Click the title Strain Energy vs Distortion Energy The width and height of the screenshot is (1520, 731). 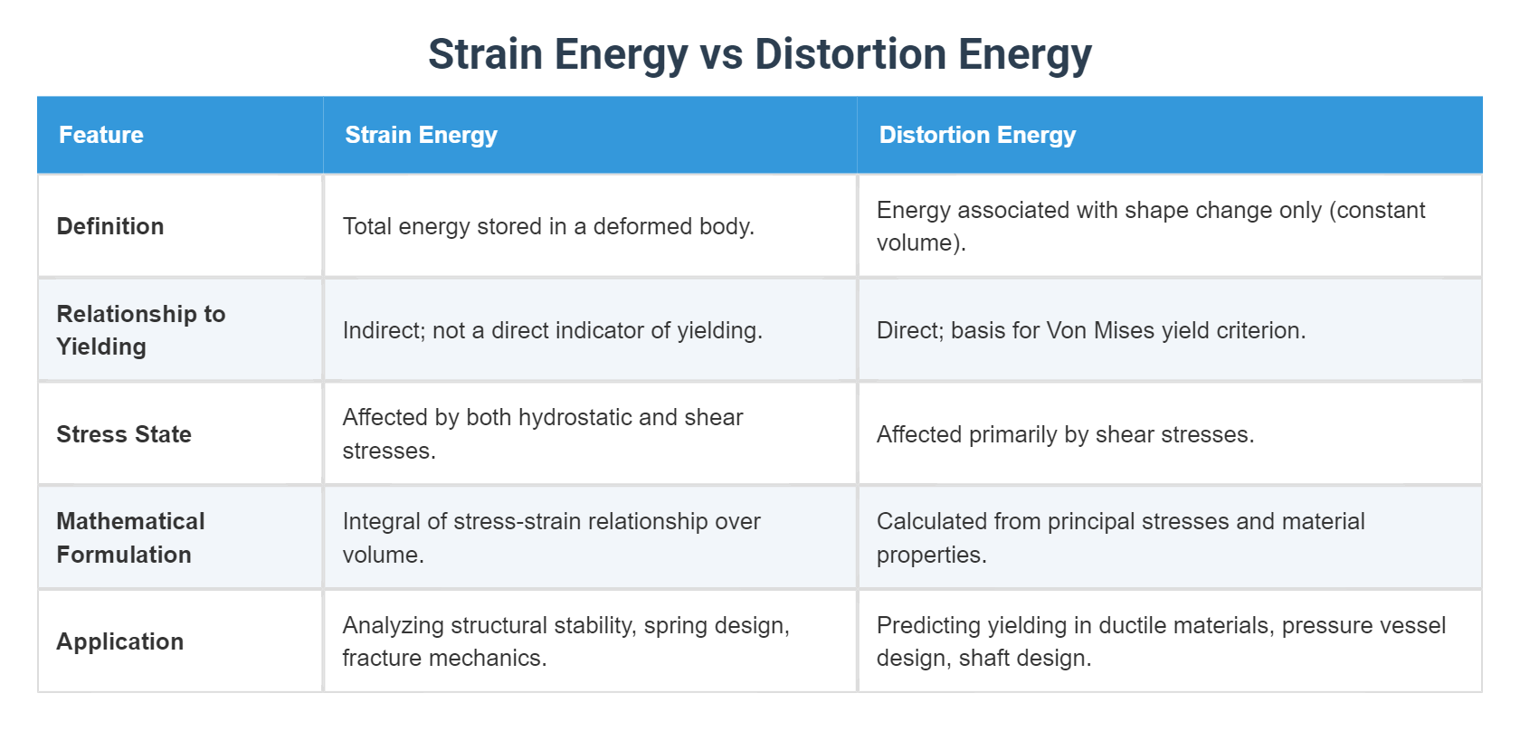[760, 54]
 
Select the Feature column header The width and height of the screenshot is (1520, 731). [101, 135]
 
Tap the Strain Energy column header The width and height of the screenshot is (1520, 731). [421, 135]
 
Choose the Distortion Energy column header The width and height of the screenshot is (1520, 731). [977, 135]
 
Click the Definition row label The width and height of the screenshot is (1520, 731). [110, 226]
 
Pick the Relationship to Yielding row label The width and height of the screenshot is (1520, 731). [141, 330]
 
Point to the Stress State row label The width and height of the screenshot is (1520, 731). [124, 433]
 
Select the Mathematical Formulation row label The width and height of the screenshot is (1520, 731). [131, 537]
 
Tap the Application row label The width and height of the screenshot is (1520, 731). [120, 641]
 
